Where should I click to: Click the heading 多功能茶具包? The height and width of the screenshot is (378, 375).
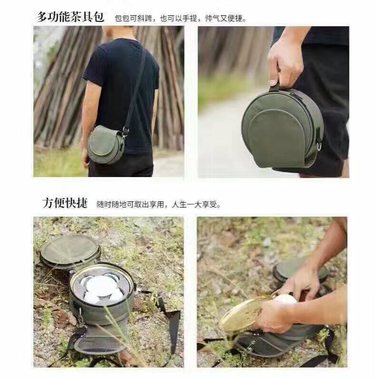coord(70,17)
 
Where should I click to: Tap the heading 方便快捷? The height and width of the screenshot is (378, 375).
coord(65,203)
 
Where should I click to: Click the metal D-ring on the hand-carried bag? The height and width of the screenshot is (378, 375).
coord(319,146)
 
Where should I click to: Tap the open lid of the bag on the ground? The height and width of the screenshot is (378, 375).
coord(70,251)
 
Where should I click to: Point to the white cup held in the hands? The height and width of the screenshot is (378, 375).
coord(286,299)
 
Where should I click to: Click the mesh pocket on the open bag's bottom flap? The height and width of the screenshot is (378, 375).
coord(100,342)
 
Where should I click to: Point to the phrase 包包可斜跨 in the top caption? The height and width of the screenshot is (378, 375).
coord(134,18)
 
